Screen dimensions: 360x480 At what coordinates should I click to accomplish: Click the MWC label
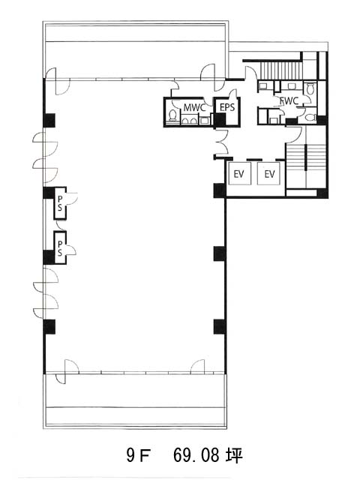point(194,107)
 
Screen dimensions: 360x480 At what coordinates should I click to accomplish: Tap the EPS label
point(227,107)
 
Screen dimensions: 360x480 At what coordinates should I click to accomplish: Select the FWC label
point(289,101)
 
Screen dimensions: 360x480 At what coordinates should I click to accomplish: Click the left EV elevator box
point(239,173)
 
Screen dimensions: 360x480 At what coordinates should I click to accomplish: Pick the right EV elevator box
point(268,173)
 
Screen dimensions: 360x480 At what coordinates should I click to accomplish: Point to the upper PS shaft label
point(60,203)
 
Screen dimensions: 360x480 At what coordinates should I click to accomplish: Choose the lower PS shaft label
point(60,248)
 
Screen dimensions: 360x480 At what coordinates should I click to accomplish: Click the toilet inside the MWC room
point(172,115)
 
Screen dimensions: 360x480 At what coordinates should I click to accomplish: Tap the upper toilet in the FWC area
point(310,88)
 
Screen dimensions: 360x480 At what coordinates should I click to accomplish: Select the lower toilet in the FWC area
point(310,117)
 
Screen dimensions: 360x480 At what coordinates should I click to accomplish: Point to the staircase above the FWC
point(280,70)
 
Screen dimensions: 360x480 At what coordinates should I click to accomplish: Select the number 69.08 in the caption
point(196,456)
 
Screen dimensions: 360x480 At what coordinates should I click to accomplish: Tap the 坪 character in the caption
point(234,455)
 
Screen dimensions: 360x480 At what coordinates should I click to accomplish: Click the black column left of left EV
point(220,190)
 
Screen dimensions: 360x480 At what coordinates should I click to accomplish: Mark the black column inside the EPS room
point(220,120)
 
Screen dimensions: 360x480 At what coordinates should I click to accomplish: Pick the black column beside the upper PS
point(49,193)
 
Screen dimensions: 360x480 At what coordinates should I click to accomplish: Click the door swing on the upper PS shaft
point(72,198)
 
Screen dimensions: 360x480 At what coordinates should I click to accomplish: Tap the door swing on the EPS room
point(233,93)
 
